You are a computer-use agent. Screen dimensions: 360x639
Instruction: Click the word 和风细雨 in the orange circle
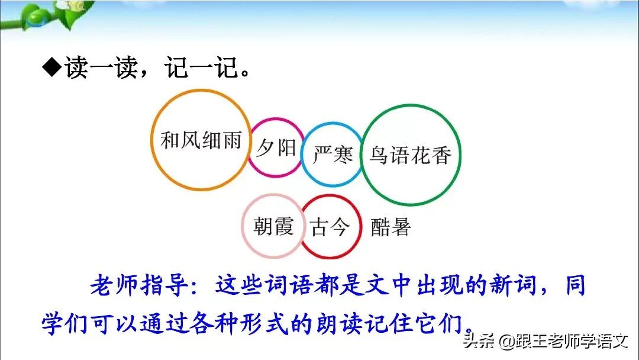coord(201,141)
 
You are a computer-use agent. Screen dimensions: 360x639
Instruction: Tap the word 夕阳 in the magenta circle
coord(276,147)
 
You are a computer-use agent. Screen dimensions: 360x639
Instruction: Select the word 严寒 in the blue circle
coord(333,155)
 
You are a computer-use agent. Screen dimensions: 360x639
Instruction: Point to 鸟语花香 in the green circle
coord(410,155)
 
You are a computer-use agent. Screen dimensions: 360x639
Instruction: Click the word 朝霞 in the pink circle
coord(273,227)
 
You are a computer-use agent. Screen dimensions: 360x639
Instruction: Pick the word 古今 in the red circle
coord(330,227)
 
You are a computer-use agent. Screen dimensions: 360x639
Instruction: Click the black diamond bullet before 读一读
coord(51,69)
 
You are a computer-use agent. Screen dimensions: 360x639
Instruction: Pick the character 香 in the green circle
coord(441,155)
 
